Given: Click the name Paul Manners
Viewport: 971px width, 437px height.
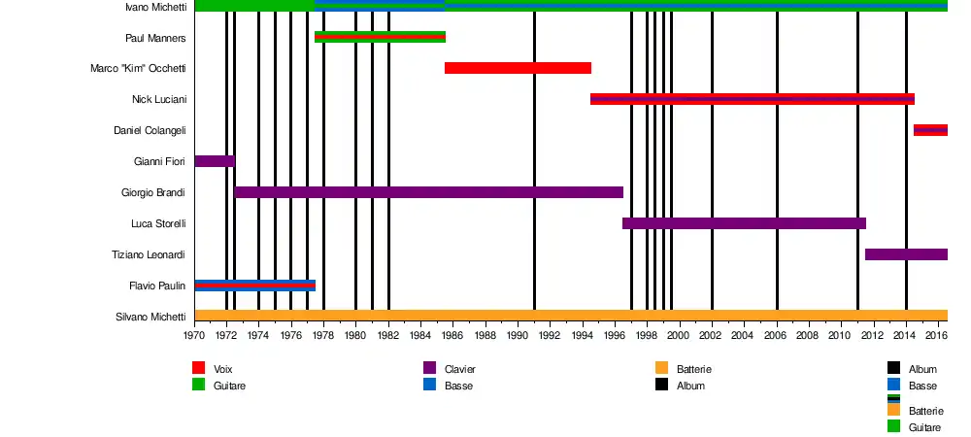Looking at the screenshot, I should (x=155, y=38).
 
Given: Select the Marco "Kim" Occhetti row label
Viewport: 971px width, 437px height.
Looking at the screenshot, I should (x=137, y=69).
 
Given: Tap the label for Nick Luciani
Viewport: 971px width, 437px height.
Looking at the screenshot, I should (x=159, y=100).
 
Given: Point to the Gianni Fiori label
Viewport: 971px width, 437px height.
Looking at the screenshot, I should (x=159, y=161).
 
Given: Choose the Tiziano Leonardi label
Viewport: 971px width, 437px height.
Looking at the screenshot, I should (x=150, y=254).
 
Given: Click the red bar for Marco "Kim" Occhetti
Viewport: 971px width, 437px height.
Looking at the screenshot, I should (x=518, y=68).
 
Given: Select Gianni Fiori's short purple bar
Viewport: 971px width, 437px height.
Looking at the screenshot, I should (x=214, y=161).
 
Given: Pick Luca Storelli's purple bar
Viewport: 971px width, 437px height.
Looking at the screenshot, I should (x=744, y=223).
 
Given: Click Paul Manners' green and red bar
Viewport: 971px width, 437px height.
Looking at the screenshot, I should (x=380, y=37).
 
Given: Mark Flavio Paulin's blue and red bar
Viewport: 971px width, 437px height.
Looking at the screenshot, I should (x=254, y=286).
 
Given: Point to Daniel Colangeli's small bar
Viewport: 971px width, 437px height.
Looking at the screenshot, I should (x=930, y=130).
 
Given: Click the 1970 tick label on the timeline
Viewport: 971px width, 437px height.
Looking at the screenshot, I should (x=194, y=336).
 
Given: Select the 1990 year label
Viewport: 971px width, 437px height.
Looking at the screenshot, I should (x=518, y=336).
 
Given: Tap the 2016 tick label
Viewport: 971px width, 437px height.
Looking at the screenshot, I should (x=937, y=336).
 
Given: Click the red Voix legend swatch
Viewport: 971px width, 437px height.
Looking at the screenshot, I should (x=198, y=368).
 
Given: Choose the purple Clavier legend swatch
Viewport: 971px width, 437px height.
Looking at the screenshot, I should (x=429, y=368).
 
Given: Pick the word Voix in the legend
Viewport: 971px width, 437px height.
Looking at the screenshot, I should (x=223, y=369).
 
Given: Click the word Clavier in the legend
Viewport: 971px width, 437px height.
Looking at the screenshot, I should (x=459, y=369).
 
